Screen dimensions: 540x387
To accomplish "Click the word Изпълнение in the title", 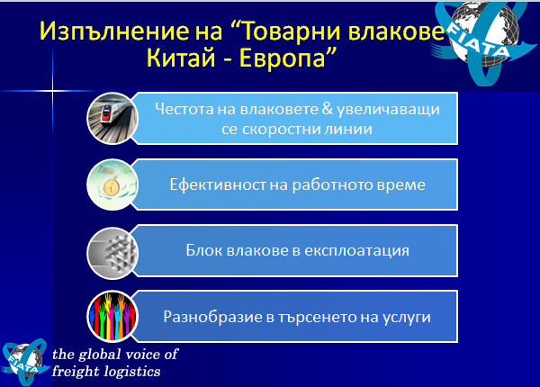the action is click(114, 31).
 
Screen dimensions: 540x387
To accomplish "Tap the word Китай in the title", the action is click(181, 58).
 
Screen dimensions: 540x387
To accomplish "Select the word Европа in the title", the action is click(283, 58).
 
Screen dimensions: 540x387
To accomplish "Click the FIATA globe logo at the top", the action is click(482, 39).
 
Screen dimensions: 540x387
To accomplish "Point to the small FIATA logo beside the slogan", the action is click(25, 362).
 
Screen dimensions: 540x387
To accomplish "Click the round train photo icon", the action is click(112, 118).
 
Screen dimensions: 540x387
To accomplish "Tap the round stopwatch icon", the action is click(112, 184).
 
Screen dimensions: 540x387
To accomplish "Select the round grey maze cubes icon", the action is click(112, 253).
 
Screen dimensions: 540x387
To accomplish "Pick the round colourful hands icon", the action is click(112, 317).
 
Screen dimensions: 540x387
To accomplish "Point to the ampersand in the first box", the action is click(328, 109).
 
